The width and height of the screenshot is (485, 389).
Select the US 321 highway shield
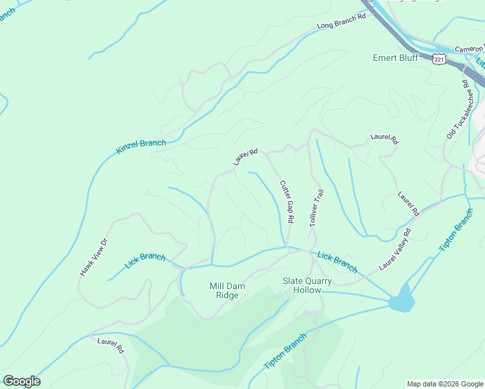pos(439,58)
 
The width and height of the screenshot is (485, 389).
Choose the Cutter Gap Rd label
pos(287,202)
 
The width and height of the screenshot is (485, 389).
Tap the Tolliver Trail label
pos(316,207)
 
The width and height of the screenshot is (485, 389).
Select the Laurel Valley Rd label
pos(396,249)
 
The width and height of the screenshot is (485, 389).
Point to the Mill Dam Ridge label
pos(224,290)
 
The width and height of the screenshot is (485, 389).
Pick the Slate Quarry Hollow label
pos(307,285)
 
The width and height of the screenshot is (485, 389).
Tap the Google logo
pos(21,381)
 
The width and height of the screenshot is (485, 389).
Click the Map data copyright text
pos(445,384)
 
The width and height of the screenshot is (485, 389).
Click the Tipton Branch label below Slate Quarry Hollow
pos(285,353)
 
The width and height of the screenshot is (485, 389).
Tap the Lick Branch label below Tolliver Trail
pos(337,261)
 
